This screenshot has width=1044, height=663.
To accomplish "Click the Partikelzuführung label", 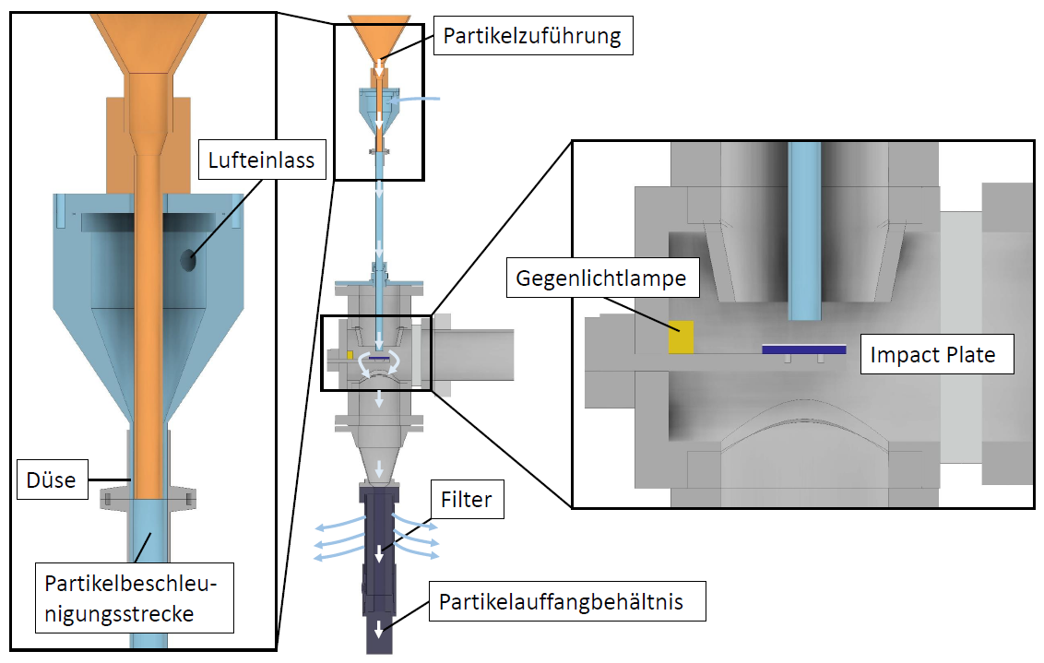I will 532,37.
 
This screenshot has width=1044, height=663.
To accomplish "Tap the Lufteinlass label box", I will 261,161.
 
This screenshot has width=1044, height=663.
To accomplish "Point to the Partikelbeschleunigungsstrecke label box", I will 135,599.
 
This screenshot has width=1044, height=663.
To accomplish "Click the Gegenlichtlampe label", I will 601,278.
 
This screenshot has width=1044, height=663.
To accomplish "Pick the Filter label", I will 467,501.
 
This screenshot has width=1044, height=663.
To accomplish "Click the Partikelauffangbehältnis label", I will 561,603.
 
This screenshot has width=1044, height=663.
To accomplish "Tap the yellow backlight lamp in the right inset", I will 682,337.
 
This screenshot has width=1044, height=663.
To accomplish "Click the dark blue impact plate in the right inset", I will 804,349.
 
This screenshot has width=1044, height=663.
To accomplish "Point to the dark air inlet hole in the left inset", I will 188,260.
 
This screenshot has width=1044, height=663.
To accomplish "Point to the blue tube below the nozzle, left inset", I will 148,572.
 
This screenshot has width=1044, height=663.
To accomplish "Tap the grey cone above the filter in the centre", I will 379,466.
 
